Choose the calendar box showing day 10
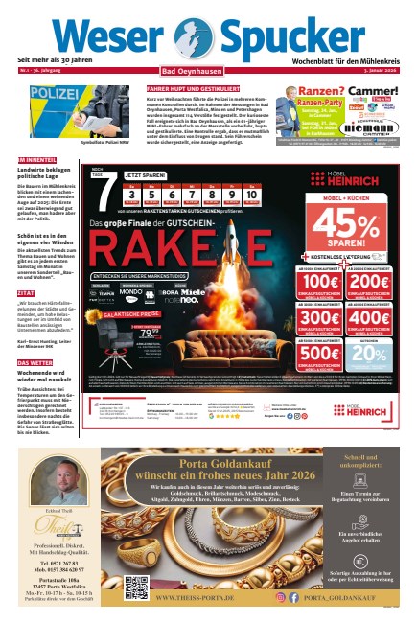[x=250, y=195]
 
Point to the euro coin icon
[x=361, y=563]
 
